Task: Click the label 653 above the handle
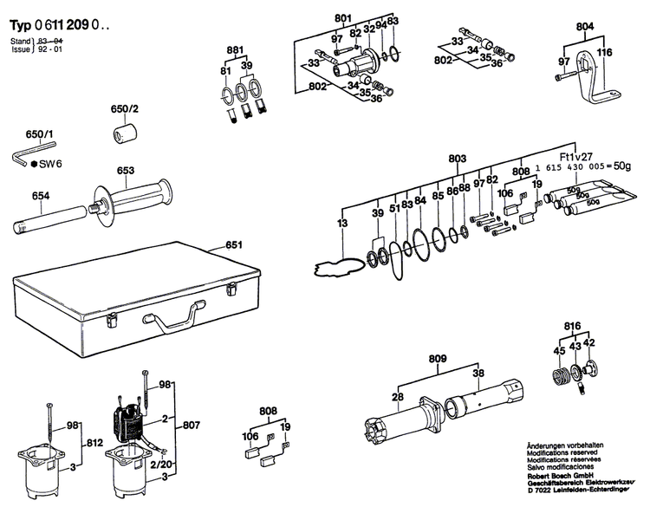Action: (x=126, y=171)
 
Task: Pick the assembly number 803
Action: (x=458, y=159)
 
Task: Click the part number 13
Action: (x=342, y=225)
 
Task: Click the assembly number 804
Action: (x=585, y=28)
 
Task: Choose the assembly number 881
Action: (x=236, y=49)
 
